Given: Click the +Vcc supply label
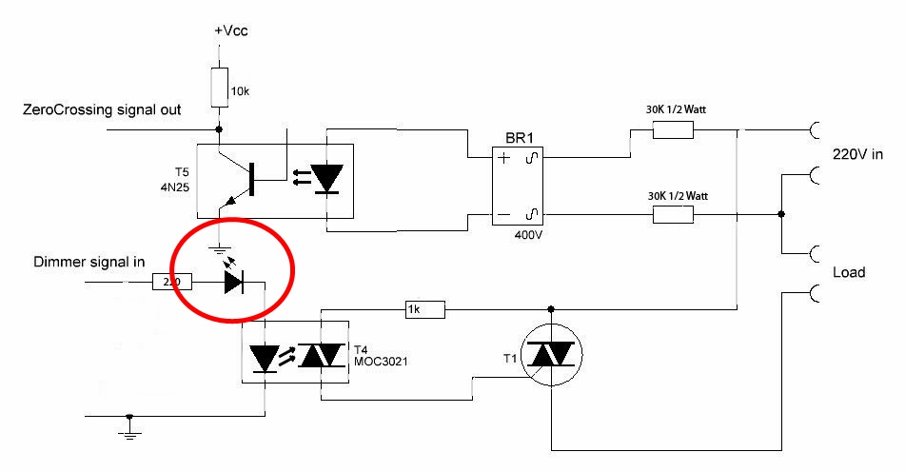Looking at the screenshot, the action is (231, 30).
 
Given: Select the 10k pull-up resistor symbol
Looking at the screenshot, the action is (219, 88).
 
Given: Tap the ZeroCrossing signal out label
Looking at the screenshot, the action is (102, 109).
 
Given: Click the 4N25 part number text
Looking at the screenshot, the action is (175, 187).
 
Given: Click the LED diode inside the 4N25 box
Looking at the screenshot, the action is (326, 178).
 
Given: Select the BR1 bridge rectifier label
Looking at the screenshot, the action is (520, 138).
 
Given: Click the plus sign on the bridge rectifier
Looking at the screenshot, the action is (503, 158).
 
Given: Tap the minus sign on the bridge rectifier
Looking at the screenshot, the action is (503, 215).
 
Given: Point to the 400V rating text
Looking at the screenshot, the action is (528, 235).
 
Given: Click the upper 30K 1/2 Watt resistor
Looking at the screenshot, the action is (673, 130).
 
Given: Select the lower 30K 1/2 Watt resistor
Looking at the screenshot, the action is (673, 215).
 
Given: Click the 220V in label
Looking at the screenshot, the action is (857, 154).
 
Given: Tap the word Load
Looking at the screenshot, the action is (849, 272).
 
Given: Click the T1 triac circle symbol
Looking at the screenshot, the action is (551, 354).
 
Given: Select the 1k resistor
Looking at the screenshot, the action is (424, 310).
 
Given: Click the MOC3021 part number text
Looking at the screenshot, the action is (381, 362).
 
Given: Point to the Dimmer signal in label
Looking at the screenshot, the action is (89, 262).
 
